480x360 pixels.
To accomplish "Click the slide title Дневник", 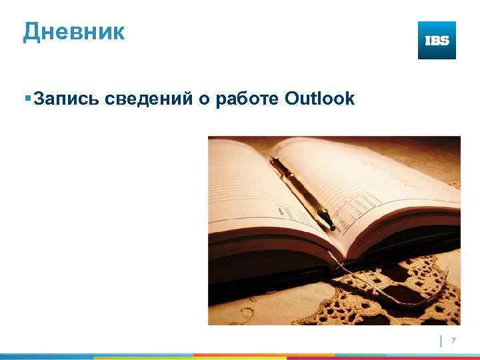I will point(73,31).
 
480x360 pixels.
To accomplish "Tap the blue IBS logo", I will point(437,40).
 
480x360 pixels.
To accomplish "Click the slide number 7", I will point(453,341).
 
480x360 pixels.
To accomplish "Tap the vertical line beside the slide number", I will point(441,341).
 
